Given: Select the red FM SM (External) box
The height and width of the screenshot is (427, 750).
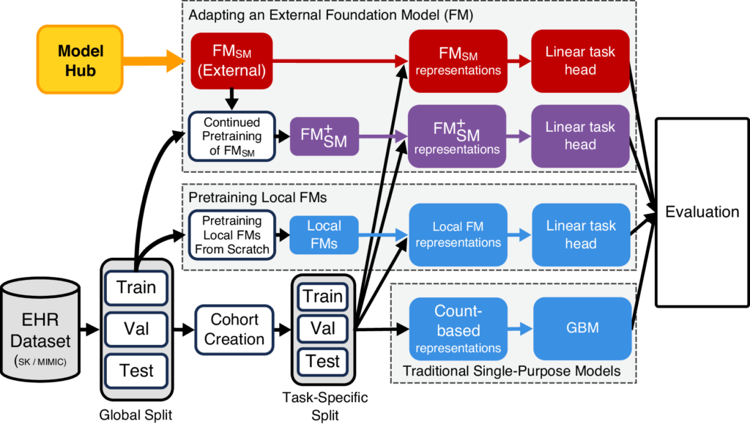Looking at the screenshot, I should [x=231, y=61].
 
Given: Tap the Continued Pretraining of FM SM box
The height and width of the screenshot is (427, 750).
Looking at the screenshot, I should [x=231, y=135].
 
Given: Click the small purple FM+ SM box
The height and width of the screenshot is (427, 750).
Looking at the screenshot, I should [x=323, y=135].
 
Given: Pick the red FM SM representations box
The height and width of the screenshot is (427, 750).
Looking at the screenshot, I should [x=458, y=61].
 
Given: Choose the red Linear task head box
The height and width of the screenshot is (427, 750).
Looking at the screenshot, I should [x=580, y=61].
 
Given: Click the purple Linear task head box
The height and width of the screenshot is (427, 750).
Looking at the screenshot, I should [x=580, y=135].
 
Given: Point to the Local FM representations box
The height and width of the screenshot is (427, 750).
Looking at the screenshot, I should [x=458, y=234].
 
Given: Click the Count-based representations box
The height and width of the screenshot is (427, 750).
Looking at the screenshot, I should [x=458, y=328].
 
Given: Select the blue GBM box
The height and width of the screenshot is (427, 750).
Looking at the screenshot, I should [x=583, y=327].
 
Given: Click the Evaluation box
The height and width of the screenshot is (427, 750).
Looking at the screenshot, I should [x=702, y=212].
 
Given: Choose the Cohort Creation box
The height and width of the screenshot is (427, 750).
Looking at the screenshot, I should [x=234, y=330].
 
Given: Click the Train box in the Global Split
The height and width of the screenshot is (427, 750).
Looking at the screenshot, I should [x=136, y=286].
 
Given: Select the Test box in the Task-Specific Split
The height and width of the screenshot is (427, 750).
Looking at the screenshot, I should [x=323, y=361].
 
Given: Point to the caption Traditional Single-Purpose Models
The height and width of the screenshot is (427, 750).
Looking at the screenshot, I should [x=511, y=371].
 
